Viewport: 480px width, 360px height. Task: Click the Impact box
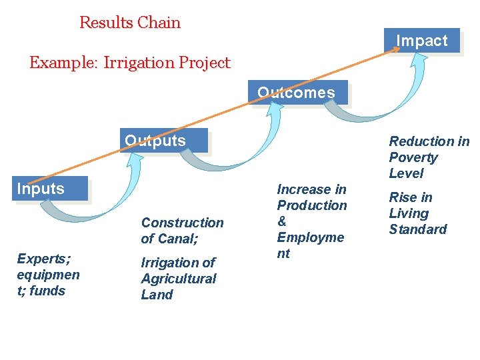421,41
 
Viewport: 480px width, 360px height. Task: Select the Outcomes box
297,93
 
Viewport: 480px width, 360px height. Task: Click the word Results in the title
106,23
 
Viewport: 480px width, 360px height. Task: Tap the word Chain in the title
159,23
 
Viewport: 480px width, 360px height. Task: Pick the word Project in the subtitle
204,63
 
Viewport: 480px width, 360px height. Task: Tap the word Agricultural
179,279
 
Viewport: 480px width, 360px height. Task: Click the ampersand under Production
281,222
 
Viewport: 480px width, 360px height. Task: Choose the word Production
312,206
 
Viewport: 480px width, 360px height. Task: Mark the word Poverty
413,158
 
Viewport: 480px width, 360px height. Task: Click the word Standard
418,230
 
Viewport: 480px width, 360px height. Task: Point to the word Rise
401,198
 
